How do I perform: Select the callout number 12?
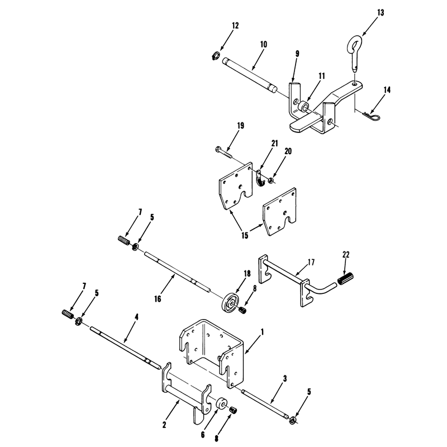click(235, 26)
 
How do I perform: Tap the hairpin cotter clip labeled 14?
click(370, 115)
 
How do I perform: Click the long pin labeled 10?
click(250, 75)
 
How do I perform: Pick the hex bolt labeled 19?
click(224, 153)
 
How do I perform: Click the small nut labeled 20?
click(270, 180)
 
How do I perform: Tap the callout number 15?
click(245, 235)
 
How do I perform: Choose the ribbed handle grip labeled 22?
click(345, 278)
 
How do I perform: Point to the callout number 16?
click(158, 299)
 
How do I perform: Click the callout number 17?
click(311, 262)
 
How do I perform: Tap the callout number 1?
click(262, 332)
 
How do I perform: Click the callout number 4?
click(136, 317)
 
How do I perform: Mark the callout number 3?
click(285, 379)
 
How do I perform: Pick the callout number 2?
click(164, 425)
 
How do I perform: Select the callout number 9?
click(297, 54)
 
